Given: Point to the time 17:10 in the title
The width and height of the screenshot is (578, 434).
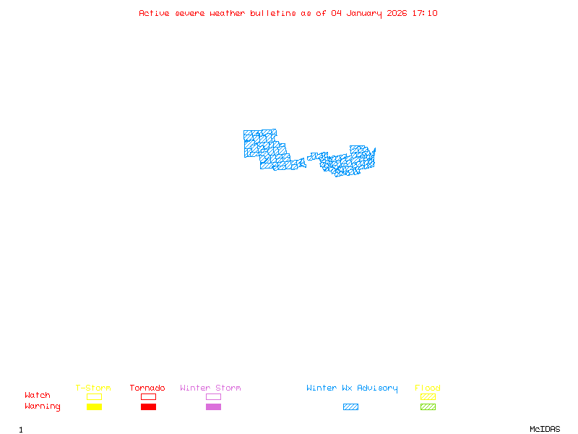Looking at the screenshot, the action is (x=425, y=13).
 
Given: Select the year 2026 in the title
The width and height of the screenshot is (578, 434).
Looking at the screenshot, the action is (x=397, y=13).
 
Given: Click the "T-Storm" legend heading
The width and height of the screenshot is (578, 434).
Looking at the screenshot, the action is (x=93, y=388).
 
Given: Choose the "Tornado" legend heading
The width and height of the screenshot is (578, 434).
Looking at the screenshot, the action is (x=147, y=388).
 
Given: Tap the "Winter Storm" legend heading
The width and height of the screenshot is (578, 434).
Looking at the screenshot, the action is (x=210, y=388).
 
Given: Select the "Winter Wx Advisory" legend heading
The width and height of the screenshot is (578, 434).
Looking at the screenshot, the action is (x=352, y=388).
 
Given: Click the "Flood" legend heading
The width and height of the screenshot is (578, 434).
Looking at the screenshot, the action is (x=428, y=388).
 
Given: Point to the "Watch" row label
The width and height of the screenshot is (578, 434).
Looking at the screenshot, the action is (x=38, y=396).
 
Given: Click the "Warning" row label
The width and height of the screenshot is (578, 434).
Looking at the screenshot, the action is (x=43, y=407).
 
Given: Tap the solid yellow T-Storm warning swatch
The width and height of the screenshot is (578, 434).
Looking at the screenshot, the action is (x=94, y=407).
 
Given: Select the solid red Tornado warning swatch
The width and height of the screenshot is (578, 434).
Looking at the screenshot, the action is (x=148, y=407).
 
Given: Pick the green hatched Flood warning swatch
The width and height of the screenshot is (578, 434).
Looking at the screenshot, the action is (x=428, y=407).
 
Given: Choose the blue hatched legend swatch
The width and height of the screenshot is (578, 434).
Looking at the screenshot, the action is (x=350, y=407).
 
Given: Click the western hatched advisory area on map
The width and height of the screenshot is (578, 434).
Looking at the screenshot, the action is (x=267, y=148).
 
